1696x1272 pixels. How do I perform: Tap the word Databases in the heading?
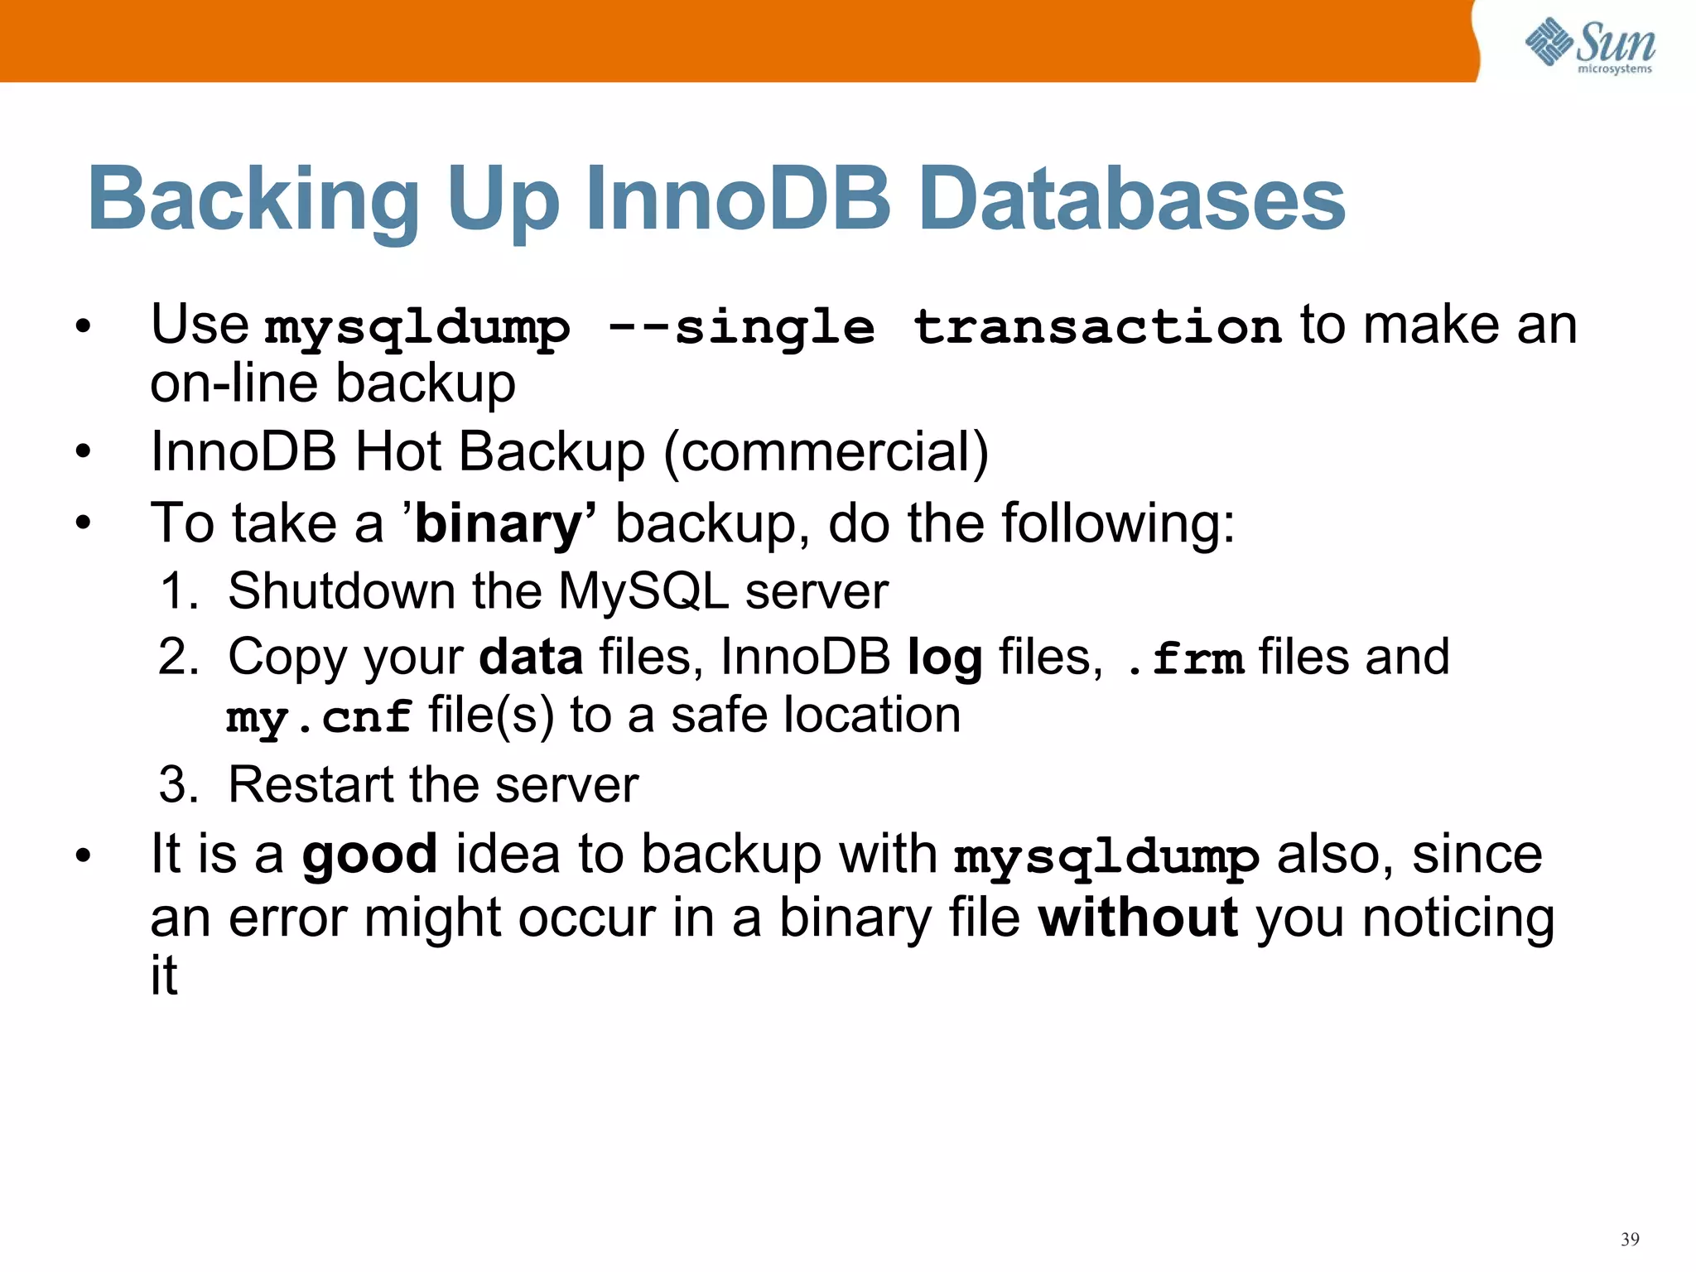point(1132,200)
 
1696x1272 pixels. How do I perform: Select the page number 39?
point(1630,1239)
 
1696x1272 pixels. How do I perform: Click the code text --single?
point(741,327)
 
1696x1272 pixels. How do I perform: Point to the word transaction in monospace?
point(1097,325)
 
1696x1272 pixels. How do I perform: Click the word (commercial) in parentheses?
point(826,452)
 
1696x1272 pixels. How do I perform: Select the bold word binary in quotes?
point(499,524)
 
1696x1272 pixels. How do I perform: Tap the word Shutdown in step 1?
point(342,591)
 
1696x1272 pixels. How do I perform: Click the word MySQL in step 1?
point(643,591)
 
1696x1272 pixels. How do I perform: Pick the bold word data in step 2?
point(531,657)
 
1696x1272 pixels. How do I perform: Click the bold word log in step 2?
point(944,658)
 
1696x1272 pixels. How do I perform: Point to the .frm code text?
point(1186,658)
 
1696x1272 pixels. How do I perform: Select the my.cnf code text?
point(319,716)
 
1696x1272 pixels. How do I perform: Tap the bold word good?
point(369,855)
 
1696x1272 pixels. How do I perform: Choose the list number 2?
point(178,658)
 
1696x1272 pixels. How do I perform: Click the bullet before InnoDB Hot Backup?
point(82,453)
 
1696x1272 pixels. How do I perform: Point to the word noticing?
point(1458,919)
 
